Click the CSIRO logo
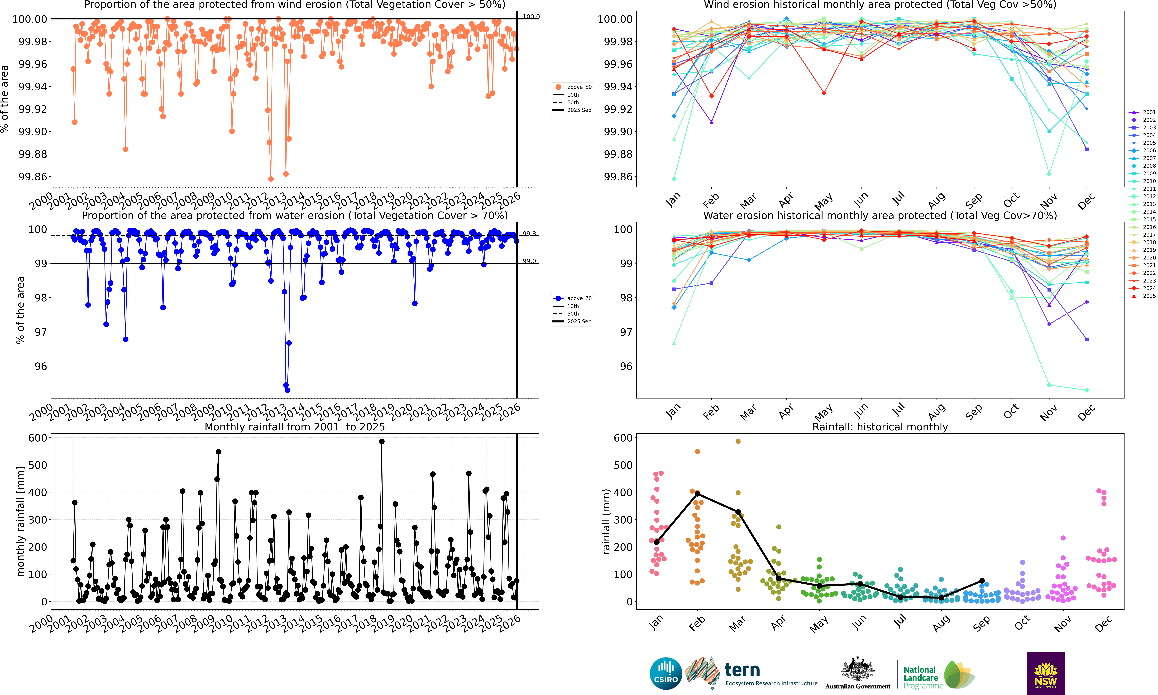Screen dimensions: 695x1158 [x=665, y=673]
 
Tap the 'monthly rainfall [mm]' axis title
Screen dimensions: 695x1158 [x=20, y=521]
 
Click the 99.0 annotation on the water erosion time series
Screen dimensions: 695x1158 [x=529, y=261]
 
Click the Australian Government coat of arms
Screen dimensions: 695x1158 [x=857, y=669]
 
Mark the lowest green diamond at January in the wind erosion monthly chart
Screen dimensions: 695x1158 [x=674, y=179]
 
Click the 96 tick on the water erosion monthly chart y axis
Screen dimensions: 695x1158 [x=626, y=366]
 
